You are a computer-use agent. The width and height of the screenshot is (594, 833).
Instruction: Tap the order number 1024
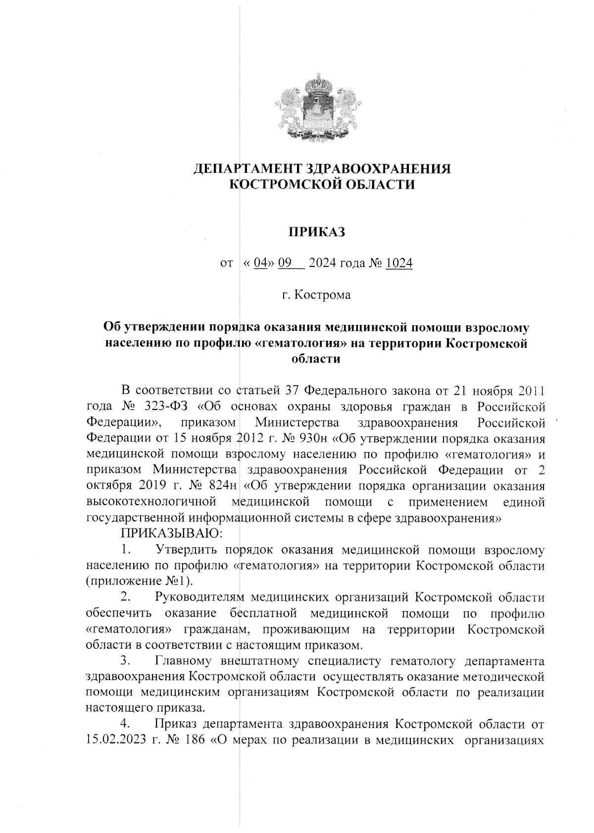pyautogui.click(x=399, y=263)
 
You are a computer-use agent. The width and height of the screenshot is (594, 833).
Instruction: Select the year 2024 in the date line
pyautogui.click(x=325, y=263)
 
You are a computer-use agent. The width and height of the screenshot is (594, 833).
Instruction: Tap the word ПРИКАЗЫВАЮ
pyautogui.click(x=171, y=533)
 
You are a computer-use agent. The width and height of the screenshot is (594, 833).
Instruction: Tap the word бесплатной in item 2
pyautogui.click(x=263, y=614)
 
